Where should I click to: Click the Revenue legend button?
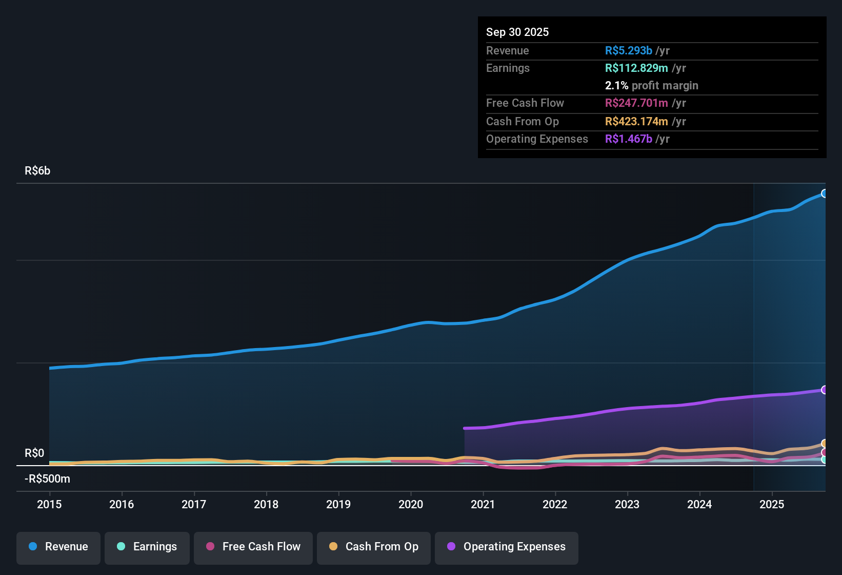(x=58, y=547)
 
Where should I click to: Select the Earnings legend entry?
(x=147, y=547)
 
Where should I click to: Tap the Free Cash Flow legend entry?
(x=253, y=547)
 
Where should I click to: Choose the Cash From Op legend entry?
(x=374, y=547)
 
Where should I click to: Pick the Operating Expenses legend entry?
(x=507, y=547)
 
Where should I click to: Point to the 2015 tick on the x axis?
(x=49, y=504)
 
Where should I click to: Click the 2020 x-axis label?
(x=411, y=504)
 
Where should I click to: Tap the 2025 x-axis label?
(x=772, y=504)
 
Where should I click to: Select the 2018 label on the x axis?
(x=266, y=504)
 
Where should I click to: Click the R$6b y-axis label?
(x=37, y=171)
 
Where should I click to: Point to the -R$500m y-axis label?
(x=47, y=479)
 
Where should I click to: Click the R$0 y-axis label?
(x=34, y=453)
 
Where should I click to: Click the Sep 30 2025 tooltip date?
(x=517, y=32)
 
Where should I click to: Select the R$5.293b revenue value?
(x=629, y=50)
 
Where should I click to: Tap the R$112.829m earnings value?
(x=636, y=68)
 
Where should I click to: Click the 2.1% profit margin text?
(x=651, y=85)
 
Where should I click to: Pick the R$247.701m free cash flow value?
(x=636, y=103)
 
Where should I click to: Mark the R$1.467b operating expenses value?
(x=629, y=139)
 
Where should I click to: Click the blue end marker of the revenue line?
(x=824, y=194)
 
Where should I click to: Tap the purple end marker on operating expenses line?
(x=824, y=390)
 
